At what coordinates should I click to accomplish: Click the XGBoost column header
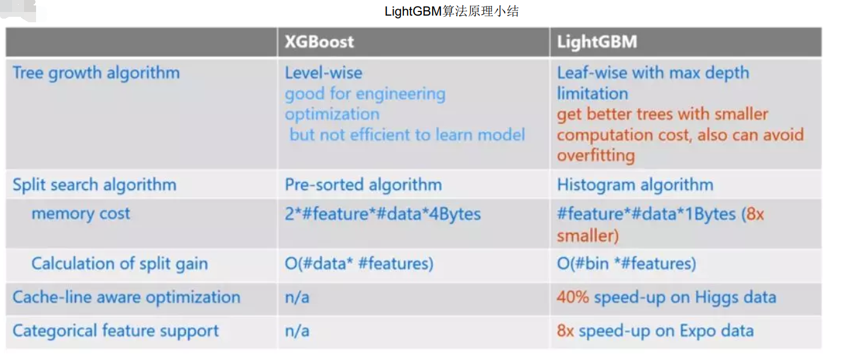point(319,42)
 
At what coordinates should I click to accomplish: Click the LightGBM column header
point(597,42)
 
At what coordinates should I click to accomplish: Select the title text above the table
point(451,11)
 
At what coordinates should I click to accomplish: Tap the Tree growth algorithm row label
point(96,73)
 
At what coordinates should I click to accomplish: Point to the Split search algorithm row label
point(94,185)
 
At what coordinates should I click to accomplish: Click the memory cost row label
point(81,213)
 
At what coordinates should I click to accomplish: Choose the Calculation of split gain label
point(120,264)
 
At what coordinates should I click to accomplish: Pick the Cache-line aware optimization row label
point(126,297)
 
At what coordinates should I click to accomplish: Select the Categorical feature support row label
point(115,331)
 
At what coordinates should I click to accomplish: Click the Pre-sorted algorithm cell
point(363,185)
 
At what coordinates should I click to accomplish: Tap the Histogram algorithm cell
point(635,185)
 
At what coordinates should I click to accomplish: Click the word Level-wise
point(323,73)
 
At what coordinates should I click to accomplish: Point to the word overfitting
point(596,156)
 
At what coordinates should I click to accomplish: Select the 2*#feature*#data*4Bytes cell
point(383,214)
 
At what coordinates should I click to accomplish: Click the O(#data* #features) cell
point(359,264)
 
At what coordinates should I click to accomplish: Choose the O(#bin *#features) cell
point(626,264)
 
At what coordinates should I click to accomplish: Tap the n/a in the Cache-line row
point(297,297)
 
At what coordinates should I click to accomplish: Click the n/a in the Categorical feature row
point(297,331)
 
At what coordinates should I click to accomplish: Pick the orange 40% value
point(572,297)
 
